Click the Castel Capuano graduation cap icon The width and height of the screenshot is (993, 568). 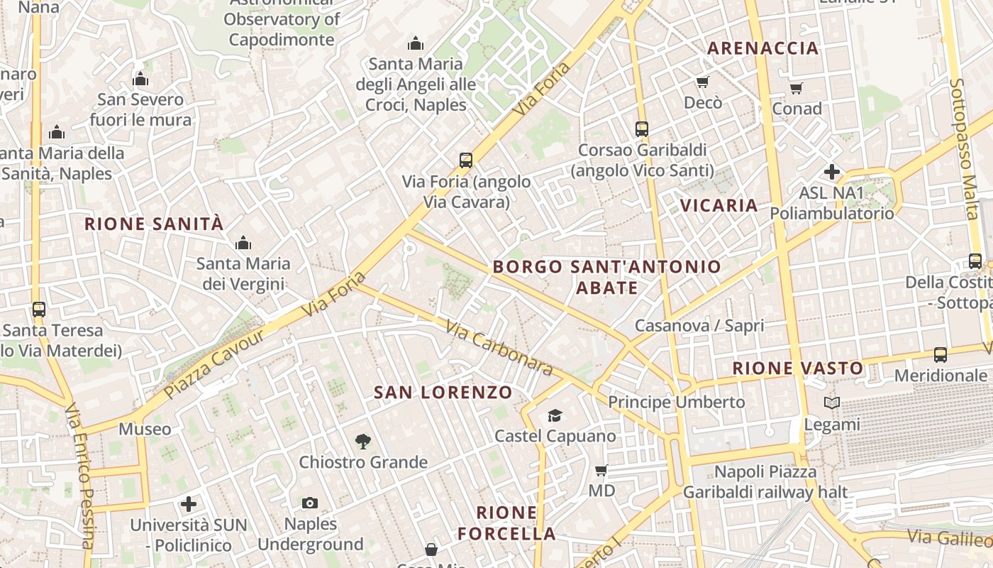[555, 415]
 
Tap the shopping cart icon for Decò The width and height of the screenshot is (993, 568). [702, 82]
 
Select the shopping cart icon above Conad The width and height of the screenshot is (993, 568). [796, 89]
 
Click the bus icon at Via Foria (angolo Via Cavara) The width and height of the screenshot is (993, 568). [466, 160]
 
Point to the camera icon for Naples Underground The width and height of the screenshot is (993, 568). [309, 503]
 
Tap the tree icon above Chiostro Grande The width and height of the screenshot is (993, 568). [362, 442]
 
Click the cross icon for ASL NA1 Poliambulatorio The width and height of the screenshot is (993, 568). [831, 172]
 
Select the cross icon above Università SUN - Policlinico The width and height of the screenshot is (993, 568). [188, 504]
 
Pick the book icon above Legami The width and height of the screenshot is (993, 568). [831, 403]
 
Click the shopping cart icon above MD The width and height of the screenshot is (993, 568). [601, 470]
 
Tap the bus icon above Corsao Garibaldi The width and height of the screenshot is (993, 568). [642, 129]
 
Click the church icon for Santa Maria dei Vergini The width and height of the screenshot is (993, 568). [243, 244]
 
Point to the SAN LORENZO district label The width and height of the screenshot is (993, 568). [443, 392]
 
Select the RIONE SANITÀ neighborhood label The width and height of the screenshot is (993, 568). [154, 224]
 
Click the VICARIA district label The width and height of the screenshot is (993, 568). [719, 206]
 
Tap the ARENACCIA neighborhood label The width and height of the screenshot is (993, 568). [763, 48]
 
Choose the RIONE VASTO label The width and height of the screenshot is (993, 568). [798, 368]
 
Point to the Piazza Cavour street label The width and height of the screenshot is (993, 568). [214, 363]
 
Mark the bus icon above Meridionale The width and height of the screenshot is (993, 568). [940, 354]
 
